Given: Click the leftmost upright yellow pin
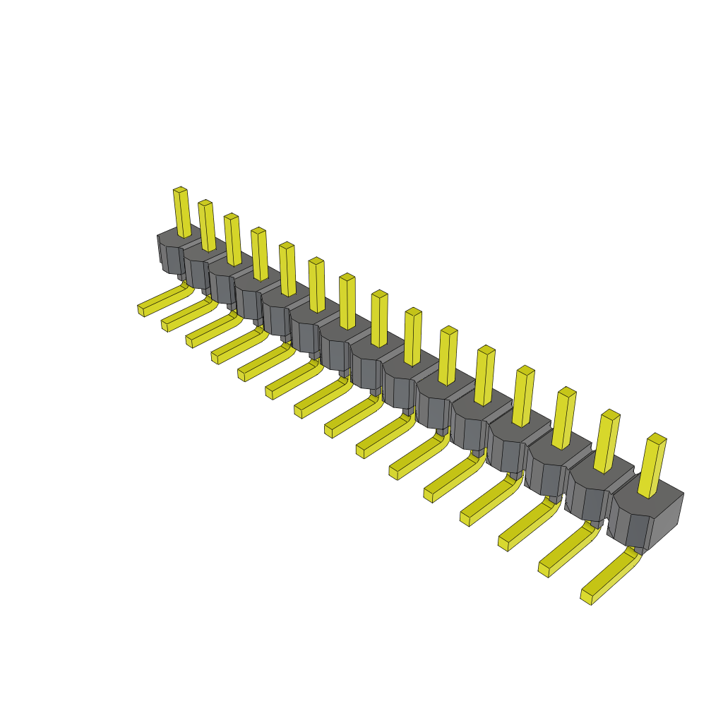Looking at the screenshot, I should (x=182, y=212).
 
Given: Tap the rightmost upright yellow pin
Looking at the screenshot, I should (x=652, y=466).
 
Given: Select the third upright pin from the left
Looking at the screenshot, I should (x=233, y=240).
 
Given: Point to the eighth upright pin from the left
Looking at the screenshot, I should (x=379, y=319).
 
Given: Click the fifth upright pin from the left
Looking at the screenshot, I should (x=287, y=269).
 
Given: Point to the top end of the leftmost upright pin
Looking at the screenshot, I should (x=180, y=189).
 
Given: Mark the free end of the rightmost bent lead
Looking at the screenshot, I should (x=586, y=597).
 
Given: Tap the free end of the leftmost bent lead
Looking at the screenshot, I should (x=141, y=310).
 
